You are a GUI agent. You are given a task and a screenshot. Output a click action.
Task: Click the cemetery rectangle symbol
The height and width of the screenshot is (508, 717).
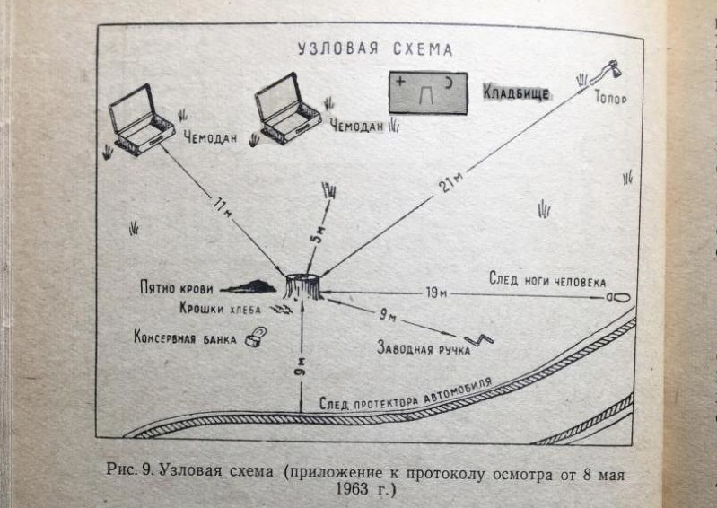[x=427, y=92]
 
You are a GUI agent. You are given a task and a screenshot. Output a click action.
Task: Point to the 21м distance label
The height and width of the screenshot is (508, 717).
[x=451, y=181]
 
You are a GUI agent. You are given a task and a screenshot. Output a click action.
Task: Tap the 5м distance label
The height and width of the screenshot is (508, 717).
[x=317, y=235]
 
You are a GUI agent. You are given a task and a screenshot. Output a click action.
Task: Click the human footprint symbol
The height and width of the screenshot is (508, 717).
[x=617, y=294]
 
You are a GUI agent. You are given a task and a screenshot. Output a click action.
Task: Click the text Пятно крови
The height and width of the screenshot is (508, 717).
[x=176, y=289]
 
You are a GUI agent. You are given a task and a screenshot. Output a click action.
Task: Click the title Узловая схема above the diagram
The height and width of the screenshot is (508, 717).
[x=374, y=48]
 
